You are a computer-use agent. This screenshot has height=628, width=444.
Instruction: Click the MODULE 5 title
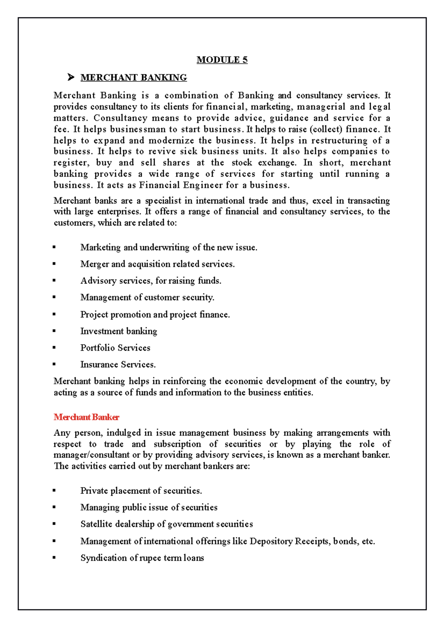pyautogui.click(x=222, y=60)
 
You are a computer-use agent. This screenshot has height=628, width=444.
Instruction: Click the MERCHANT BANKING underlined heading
pyautogui.click(x=134, y=78)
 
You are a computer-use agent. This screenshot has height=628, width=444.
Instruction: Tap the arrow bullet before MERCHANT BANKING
pyautogui.click(x=71, y=77)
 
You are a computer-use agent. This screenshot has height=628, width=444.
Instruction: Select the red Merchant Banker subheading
pyautogui.click(x=86, y=417)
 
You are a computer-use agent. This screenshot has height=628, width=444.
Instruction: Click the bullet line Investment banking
pyautogui.click(x=118, y=331)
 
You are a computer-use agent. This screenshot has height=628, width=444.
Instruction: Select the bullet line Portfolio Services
pyautogui.click(x=115, y=348)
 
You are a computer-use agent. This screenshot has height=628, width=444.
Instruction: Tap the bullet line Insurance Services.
pyautogui.click(x=118, y=365)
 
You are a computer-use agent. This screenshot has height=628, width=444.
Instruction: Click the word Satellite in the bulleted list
pyautogui.click(x=96, y=524)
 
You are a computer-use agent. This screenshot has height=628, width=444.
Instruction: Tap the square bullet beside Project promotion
pyautogui.click(x=54, y=314)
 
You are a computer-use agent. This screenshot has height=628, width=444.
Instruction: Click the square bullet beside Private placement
pyautogui.click(x=54, y=490)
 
